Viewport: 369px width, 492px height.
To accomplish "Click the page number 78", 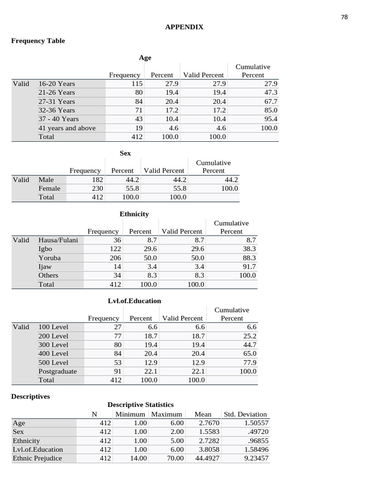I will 344,17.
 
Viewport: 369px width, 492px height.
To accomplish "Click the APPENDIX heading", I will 184,27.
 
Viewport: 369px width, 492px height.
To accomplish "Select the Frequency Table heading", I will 38,41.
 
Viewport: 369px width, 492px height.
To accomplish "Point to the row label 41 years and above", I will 67,128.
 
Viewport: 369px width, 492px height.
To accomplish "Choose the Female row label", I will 49,189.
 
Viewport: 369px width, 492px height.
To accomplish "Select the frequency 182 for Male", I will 98,180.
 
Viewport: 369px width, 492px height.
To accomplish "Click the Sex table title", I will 125,153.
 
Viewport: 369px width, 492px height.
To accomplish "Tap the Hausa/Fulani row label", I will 58,240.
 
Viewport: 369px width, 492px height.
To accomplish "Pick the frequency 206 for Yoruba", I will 115,258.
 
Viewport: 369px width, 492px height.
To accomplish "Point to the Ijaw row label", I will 45,267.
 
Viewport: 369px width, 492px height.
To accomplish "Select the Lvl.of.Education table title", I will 134,301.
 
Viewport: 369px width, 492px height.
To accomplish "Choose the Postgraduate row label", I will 58,371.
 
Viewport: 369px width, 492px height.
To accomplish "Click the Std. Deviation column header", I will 245,414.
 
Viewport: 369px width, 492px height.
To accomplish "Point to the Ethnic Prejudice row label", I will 37,458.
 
